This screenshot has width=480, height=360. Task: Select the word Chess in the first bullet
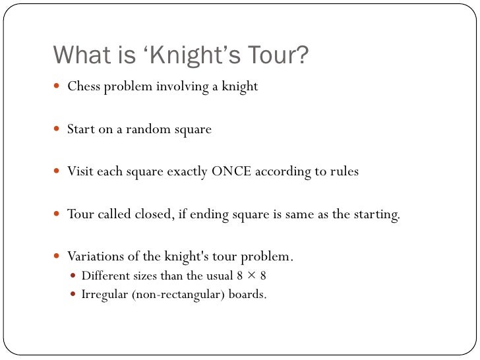coord(84,86)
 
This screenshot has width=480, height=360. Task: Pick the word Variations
coord(96,256)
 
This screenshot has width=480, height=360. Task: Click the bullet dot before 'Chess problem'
coord(57,86)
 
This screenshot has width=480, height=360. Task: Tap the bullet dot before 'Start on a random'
coord(57,129)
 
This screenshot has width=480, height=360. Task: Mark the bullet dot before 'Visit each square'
coord(57,171)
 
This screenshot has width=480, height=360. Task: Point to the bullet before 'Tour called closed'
coord(57,214)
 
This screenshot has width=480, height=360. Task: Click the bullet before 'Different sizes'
coord(73,276)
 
